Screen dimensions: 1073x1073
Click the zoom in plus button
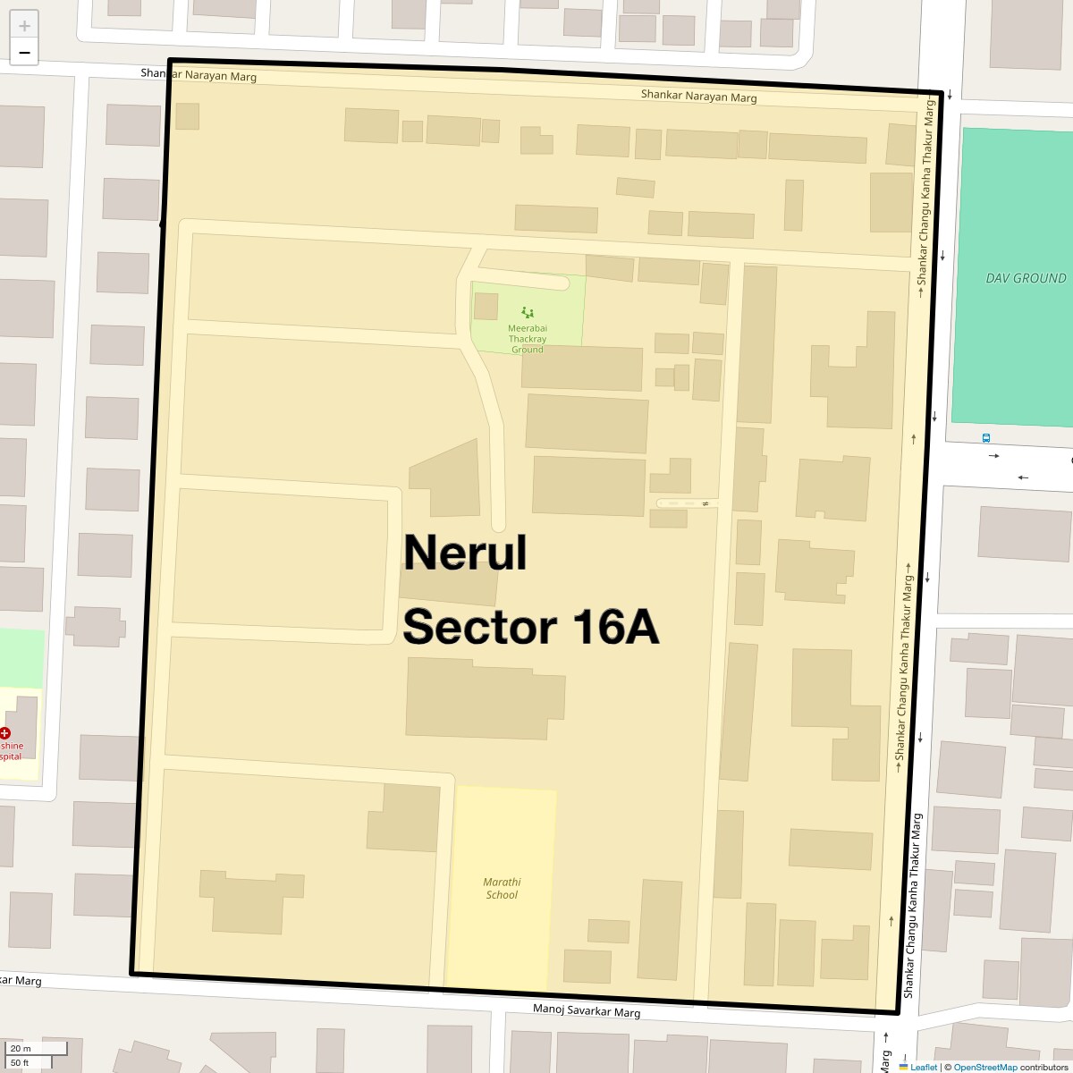(24, 25)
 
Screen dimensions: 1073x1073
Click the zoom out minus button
(24, 53)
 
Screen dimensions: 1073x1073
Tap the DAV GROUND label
(1026, 278)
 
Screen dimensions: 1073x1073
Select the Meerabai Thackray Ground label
(528, 339)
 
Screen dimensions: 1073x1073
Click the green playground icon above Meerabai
(528, 313)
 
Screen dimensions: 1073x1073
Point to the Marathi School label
(502, 888)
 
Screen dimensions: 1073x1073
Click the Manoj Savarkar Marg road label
(587, 1011)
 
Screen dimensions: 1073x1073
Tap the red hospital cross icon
(5, 732)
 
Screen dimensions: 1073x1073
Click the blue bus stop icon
(985, 438)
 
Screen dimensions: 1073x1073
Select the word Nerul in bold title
(465, 553)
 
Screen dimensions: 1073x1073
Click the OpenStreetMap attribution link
(984, 1067)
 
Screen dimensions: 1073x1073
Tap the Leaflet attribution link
(923, 1067)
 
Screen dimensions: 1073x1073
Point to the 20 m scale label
(21, 1049)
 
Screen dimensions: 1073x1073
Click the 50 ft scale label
(21, 1062)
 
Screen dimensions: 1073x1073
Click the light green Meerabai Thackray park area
(554, 304)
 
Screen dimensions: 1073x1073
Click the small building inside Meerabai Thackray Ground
(486, 306)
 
